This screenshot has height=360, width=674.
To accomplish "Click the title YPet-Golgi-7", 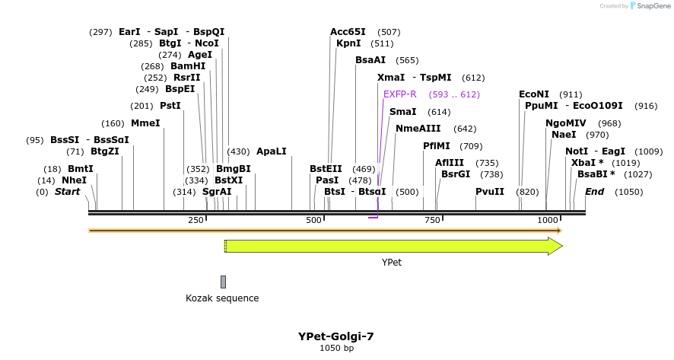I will (x=336, y=336).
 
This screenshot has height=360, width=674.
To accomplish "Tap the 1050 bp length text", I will (x=336, y=349).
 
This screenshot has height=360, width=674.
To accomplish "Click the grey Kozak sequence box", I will (x=223, y=282).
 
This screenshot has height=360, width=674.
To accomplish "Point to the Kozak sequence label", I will (x=222, y=298).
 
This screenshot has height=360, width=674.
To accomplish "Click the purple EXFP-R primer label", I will (x=399, y=94).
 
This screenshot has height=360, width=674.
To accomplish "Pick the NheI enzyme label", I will (x=74, y=180).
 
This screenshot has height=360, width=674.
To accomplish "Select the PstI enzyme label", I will (x=170, y=106).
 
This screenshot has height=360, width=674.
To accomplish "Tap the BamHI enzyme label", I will (x=188, y=66).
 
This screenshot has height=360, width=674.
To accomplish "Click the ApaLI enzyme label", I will (x=271, y=151).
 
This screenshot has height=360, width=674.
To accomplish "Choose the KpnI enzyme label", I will (x=348, y=43).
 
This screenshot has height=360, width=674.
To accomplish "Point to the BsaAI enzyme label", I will (x=370, y=60).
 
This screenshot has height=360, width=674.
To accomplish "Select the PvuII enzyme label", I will (x=490, y=192).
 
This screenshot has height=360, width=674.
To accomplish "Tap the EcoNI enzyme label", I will (x=534, y=94).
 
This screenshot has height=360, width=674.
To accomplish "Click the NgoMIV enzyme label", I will (x=566, y=123).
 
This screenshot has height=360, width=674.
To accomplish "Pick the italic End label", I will (x=594, y=192).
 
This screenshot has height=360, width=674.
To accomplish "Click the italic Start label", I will (x=67, y=192).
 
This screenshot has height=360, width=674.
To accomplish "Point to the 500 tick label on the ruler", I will (x=313, y=220).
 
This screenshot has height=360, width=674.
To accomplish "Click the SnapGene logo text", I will (x=653, y=6).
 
